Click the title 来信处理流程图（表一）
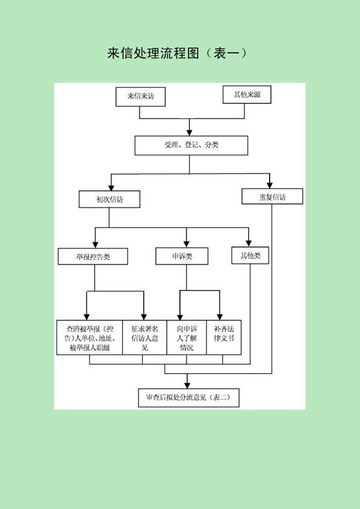pos(177,53)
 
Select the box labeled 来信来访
pos(140,96)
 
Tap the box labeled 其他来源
pos(247,94)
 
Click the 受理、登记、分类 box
pos(191,146)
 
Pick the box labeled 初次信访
pos(109,199)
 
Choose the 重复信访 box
pos(272,196)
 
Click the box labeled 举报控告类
pos(93,256)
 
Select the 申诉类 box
pos(182,256)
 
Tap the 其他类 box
pos(250,255)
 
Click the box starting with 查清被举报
pos(90,337)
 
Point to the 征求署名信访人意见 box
pos(145,337)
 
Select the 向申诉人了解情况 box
pos(186,337)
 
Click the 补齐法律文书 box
pos(224,337)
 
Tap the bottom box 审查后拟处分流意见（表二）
pos(188,398)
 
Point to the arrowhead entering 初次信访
pos(111,187)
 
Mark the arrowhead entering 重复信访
pos(269,185)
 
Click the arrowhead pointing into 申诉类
pos(186,244)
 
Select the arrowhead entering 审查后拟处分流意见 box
pos(187,385)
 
